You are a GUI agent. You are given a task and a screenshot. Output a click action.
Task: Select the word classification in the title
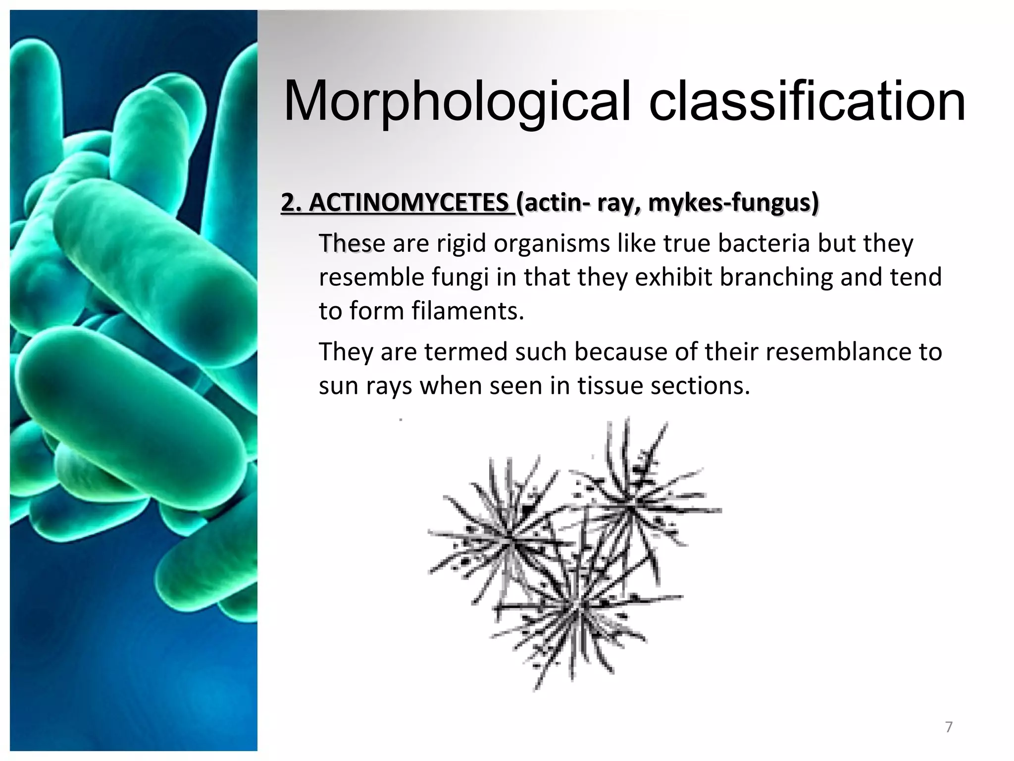[x=807, y=102]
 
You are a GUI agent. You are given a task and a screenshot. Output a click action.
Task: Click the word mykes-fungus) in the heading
[x=733, y=203]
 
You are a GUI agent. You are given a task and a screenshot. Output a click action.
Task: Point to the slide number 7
[x=949, y=727]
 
